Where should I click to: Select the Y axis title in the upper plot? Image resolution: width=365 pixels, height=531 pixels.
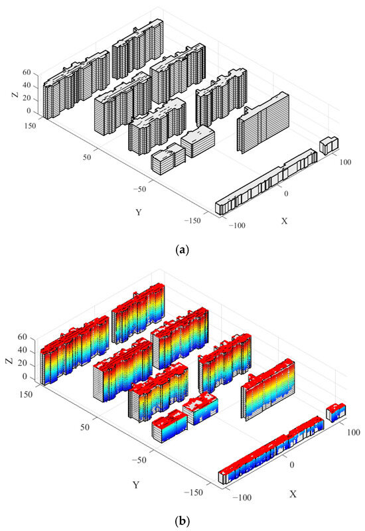(139, 212)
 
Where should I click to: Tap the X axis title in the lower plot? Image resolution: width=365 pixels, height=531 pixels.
(293, 494)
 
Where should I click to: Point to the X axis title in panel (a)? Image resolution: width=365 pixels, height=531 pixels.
(285, 221)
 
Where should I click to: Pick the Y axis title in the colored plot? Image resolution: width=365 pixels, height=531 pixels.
(136, 485)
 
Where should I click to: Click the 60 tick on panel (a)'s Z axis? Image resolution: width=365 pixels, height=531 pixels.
(27, 72)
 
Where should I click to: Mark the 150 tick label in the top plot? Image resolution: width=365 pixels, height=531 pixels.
(29, 126)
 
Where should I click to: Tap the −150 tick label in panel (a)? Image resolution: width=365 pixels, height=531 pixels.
(192, 221)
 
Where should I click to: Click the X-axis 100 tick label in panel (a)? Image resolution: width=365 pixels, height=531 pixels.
(345, 162)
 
